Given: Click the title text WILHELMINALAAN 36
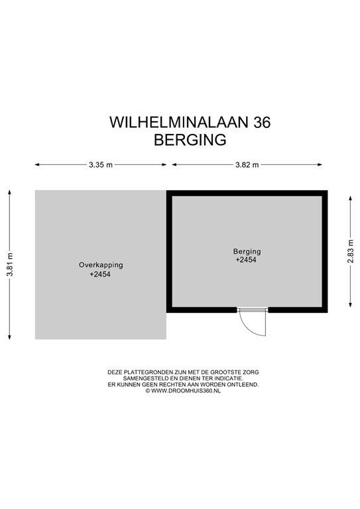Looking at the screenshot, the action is (190, 123).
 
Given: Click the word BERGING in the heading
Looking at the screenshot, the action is (190, 140).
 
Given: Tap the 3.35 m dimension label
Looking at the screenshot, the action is (101, 165).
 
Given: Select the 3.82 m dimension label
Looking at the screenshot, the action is (247, 165).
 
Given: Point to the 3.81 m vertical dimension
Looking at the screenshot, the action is (10, 264).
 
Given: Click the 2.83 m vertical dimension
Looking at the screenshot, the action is (350, 251).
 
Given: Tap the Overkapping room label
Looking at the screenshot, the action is (101, 265).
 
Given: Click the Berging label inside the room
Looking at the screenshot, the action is (247, 251).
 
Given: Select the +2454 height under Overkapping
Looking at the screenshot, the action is (100, 274).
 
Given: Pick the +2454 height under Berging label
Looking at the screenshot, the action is (246, 260).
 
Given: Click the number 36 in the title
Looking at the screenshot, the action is (262, 123).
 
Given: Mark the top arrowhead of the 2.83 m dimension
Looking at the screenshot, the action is (350, 198).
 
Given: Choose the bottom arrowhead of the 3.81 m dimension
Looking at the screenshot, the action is (10, 337).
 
